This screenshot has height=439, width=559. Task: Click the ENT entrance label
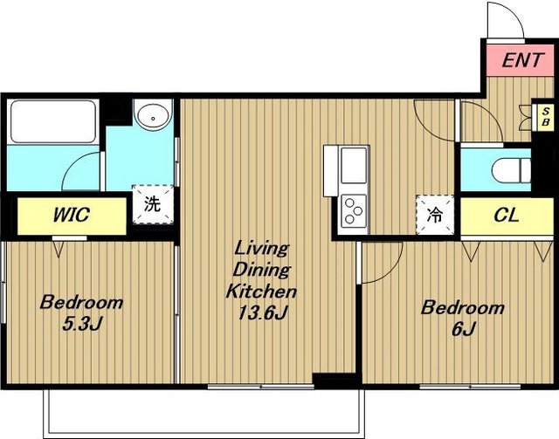523,60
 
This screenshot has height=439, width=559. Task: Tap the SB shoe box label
545,117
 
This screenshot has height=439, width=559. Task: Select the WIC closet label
72,215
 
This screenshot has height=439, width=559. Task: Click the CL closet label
507,216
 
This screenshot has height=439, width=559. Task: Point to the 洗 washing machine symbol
153,204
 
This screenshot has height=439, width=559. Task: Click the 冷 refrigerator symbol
435,215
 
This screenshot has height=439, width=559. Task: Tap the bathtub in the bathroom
53,121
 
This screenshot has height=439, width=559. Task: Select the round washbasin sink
154,115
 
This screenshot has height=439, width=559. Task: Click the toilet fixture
512,170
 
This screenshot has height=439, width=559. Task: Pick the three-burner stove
354,211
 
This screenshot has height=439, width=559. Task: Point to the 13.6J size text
263,312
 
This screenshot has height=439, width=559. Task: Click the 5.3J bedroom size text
82,324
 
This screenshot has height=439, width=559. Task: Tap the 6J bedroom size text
463,329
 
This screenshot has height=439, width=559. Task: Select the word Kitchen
261,292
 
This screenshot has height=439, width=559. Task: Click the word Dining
262,270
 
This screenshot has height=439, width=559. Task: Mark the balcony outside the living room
204,413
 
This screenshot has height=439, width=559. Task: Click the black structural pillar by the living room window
334,381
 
